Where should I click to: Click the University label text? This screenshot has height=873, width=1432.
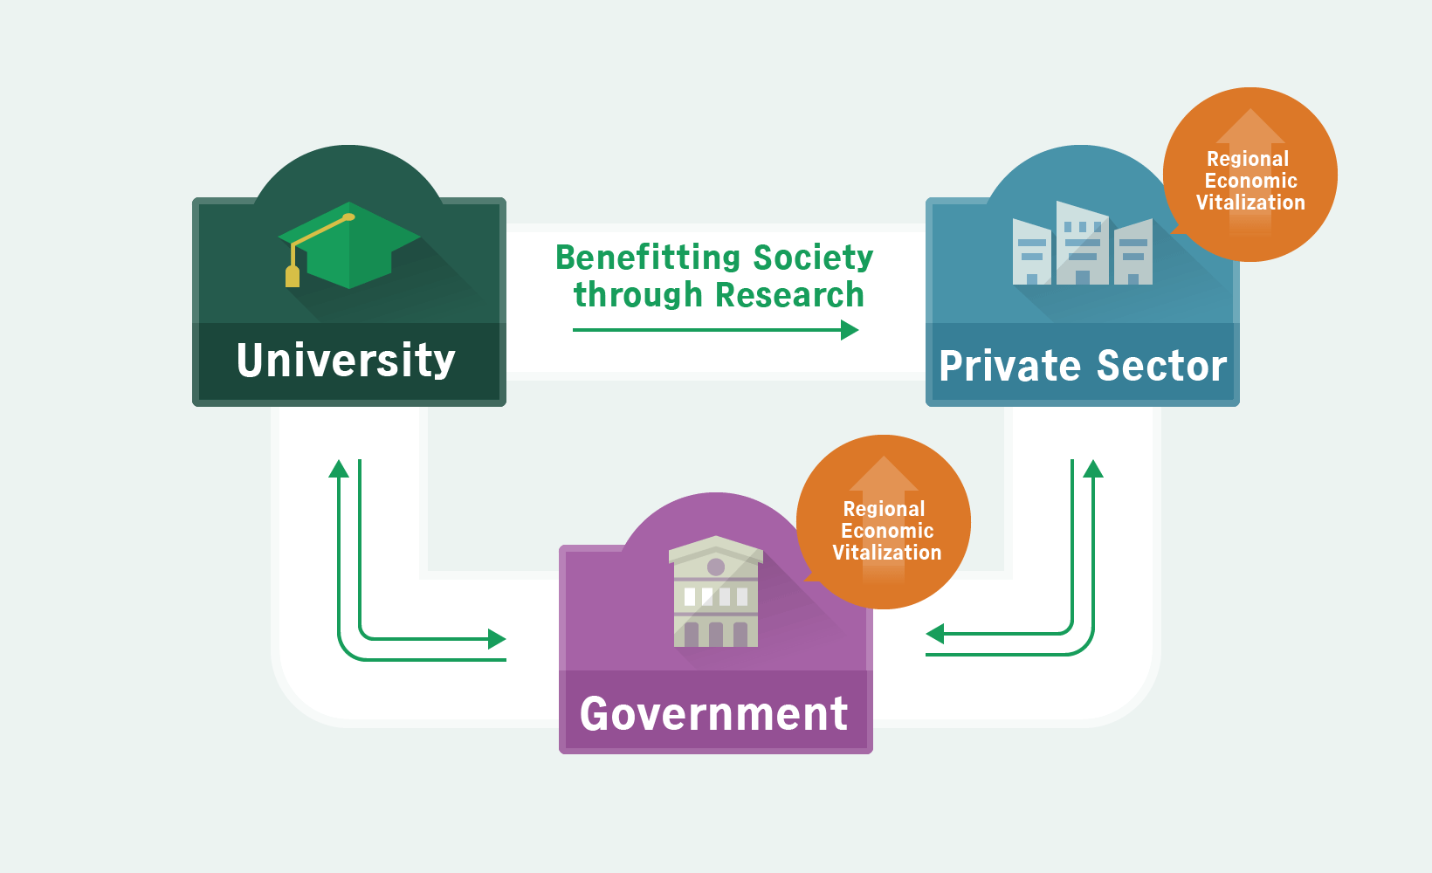click(x=346, y=361)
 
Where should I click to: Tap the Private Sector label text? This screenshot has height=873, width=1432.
click(x=1083, y=366)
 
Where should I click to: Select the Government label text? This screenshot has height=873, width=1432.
click(x=714, y=713)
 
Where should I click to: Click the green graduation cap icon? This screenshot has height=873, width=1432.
click(x=349, y=245)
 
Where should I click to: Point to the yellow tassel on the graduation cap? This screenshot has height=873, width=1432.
click(x=293, y=276)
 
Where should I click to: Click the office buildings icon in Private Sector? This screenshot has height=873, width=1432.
click(x=1083, y=243)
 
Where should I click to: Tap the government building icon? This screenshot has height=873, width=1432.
click(x=716, y=591)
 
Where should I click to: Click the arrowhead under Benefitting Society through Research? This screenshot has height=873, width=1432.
click(x=850, y=330)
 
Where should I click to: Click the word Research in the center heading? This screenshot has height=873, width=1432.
click(x=789, y=294)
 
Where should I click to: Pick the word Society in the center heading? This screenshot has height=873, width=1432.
click(x=813, y=258)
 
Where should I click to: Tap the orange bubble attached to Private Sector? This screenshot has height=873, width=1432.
click(x=1250, y=175)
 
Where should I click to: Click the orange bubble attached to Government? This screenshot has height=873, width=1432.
click(x=884, y=522)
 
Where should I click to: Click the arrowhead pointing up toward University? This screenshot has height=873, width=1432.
click(x=338, y=469)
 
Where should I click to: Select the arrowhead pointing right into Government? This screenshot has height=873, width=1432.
click(x=497, y=638)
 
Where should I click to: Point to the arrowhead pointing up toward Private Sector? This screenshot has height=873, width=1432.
click(x=1093, y=469)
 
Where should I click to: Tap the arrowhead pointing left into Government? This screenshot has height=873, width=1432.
click(x=935, y=633)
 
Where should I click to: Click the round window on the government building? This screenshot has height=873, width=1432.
click(x=716, y=567)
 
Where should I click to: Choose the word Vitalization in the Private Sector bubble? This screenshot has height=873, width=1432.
click(x=1250, y=203)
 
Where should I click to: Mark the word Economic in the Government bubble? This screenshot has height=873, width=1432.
click(x=886, y=531)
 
